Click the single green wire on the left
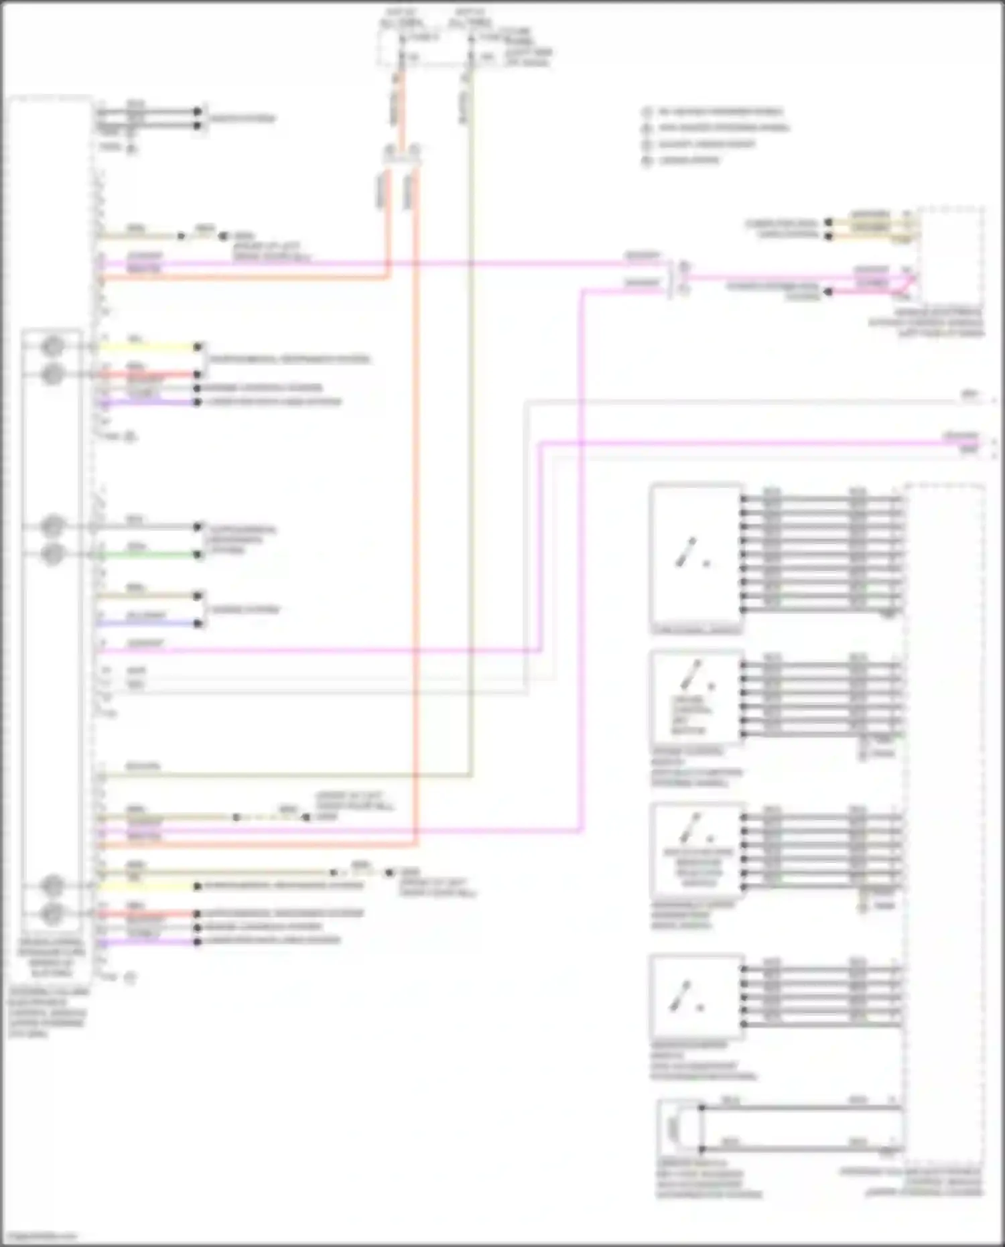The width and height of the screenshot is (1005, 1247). [x=147, y=555]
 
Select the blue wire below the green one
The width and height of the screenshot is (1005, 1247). [x=147, y=623]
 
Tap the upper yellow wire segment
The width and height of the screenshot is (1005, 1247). [x=147, y=347]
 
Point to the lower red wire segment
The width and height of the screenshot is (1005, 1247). [x=147, y=914]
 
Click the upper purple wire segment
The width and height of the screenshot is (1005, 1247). [x=147, y=403]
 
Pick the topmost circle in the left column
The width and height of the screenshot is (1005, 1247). [x=52, y=346]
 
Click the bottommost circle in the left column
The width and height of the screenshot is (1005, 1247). [x=52, y=913]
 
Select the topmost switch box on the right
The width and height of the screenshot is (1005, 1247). [x=695, y=553]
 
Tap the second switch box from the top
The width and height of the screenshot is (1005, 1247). [x=695, y=697]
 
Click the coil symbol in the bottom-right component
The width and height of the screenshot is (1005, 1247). [x=674, y=1128]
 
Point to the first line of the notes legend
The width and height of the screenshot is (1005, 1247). [x=720, y=112]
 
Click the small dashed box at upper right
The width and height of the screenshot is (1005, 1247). [x=950, y=255]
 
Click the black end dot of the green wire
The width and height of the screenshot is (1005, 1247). [x=198, y=555]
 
